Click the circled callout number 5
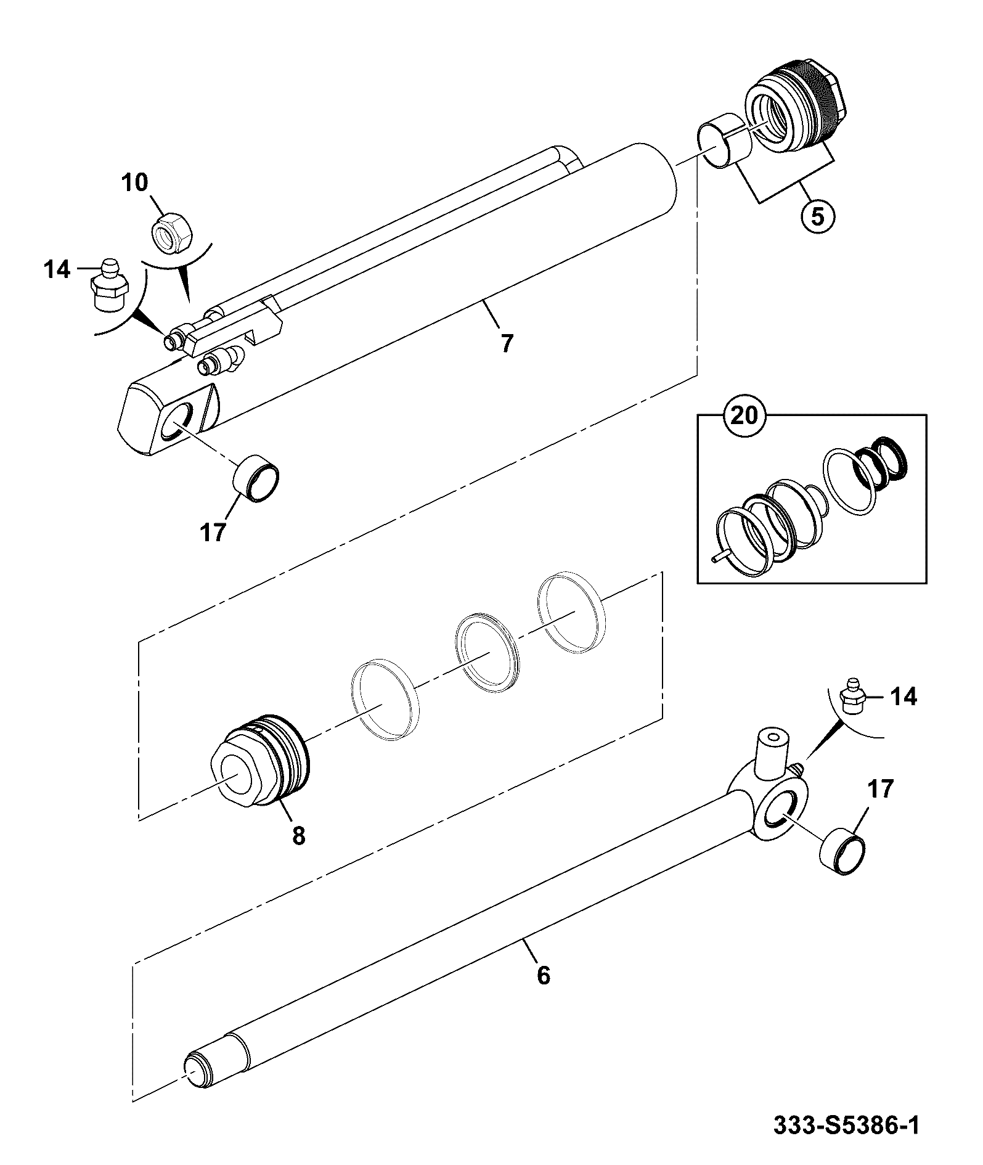click(817, 217)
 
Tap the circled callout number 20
click(744, 415)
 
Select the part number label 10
click(134, 182)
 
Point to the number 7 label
click(507, 343)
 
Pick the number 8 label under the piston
click(299, 835)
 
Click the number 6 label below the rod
click(543, 992)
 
